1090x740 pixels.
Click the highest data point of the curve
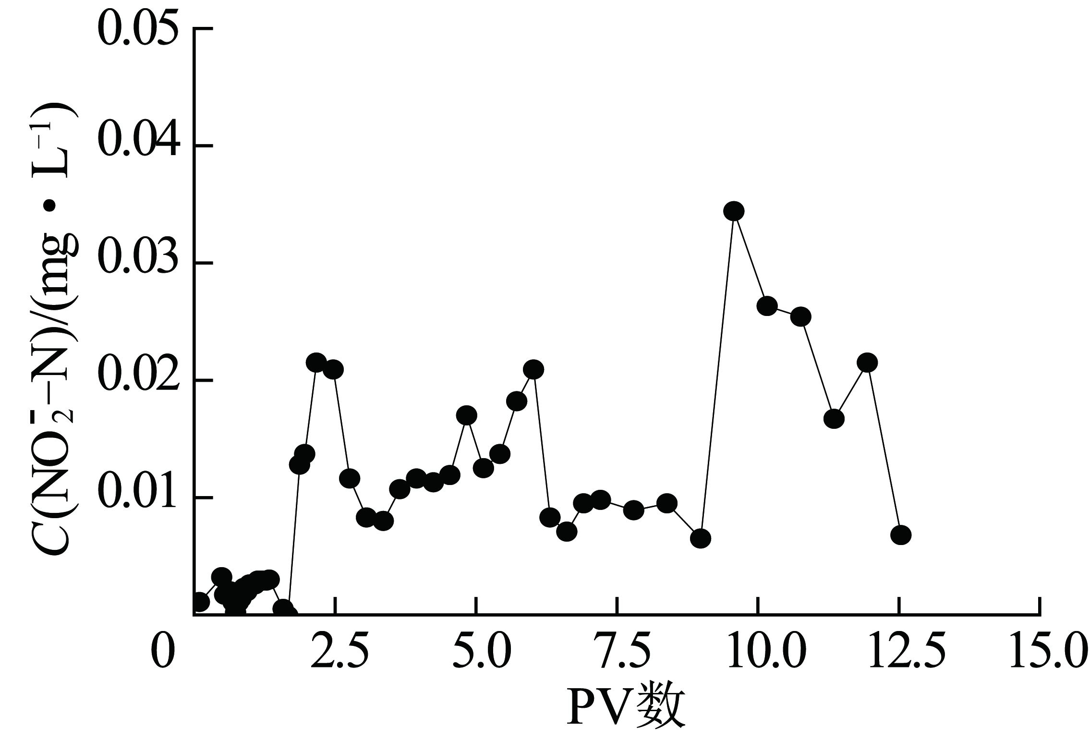[x=734, y=211]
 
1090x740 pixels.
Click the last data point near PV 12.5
[x=900, y=535]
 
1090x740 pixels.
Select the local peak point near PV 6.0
[x=533, y=369]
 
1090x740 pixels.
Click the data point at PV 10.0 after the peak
[x=767, y=306]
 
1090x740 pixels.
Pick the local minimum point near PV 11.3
[x=834, y=419]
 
